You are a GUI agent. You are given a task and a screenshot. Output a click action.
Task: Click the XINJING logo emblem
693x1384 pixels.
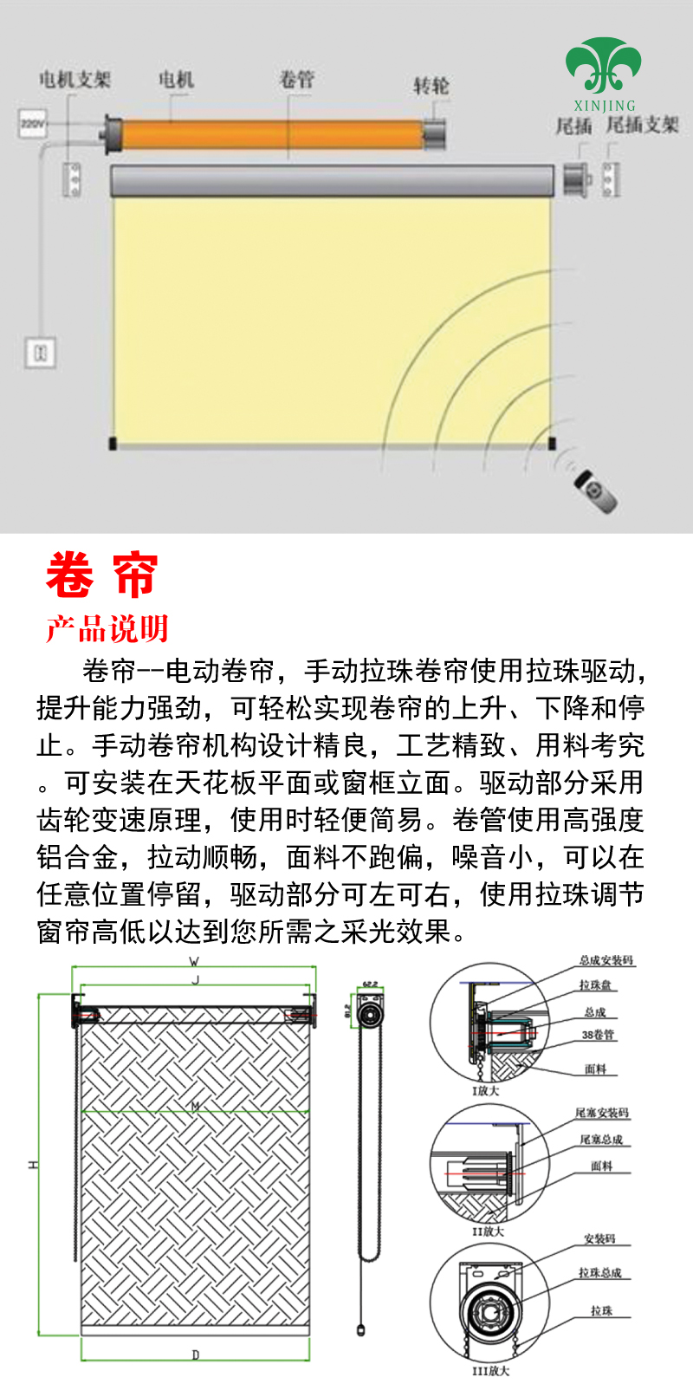point(604,66)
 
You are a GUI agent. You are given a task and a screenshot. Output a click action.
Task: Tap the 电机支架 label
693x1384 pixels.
point(74,80)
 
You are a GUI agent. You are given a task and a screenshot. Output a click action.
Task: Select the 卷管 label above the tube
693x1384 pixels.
point(296,80)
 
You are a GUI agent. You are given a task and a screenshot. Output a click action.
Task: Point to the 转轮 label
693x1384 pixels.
point(431,86)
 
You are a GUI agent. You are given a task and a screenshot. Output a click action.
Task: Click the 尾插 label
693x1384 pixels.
point(573,126)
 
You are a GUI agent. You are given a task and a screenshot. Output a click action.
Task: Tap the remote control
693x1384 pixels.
point(597,491)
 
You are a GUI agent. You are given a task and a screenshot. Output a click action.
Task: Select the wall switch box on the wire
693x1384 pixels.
point(40,353)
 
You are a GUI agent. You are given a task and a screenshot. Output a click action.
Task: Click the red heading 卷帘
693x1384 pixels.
point(102,575)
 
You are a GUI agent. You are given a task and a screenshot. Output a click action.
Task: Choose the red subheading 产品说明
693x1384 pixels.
point(107,628)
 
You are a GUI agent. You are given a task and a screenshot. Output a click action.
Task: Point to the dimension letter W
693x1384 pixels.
point(194,961)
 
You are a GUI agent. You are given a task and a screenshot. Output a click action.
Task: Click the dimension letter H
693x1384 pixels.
point(33,1165)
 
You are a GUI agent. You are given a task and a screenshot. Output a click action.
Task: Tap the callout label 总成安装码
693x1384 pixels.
point(606,960)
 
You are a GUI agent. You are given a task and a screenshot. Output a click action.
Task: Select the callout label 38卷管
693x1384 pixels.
point(598,1035)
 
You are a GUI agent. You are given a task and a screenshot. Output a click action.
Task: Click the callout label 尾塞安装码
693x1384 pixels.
point(602,1113)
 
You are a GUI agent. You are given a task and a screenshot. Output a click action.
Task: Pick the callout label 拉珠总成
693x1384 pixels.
point(600,1272)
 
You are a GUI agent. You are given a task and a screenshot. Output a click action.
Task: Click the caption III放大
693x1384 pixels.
point(490,1371)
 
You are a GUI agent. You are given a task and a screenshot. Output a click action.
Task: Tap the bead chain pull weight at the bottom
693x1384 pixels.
point(361,1329)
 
